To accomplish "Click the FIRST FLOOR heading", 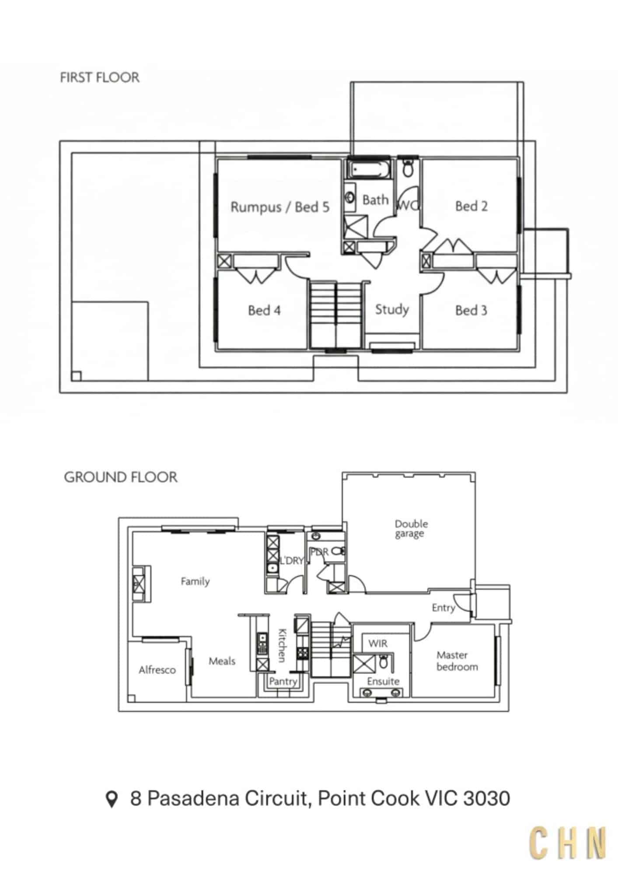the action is click(100, 77).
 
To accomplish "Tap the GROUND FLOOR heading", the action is click(121, 477).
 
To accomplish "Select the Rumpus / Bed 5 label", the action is click(280, 207).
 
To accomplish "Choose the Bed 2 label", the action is click(471, 206).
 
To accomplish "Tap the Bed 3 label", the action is click(471, 310).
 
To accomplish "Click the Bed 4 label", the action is click(264, 310).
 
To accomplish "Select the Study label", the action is click(392, 310).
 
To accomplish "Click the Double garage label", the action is click(411, 528).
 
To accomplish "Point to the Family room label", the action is click(195, 581).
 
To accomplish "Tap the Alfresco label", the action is click(157, 670).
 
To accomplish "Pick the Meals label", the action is click(222, 661).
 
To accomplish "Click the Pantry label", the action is click(283, 681).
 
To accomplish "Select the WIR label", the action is click(378, 643).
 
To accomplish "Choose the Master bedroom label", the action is click(457, 661).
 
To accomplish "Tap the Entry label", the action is click(443, 608).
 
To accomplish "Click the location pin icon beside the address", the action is click(112, 799).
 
